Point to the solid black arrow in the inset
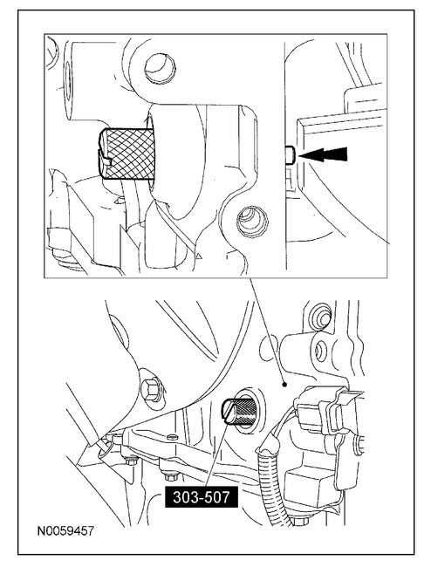(327, 155)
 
